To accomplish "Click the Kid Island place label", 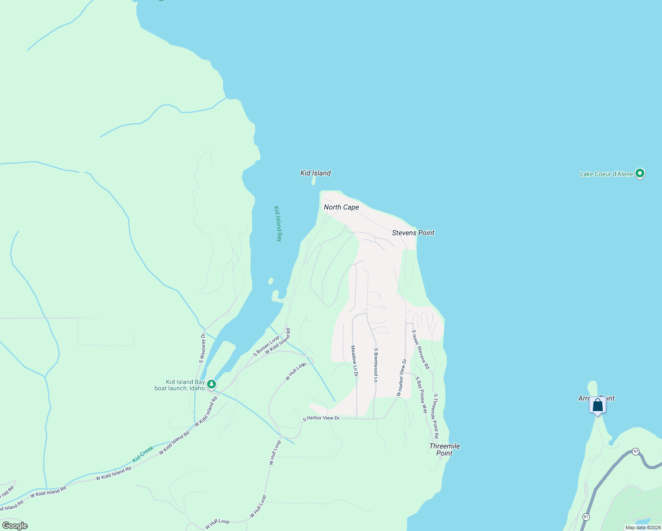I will [x=316, y=173].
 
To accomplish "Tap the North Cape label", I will [x=341, y=207].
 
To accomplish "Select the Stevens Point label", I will [x=413, y=233].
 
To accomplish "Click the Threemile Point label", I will [x=444, y=449].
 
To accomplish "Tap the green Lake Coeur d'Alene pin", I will [x=639, y=173].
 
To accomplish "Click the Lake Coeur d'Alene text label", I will [x=606, y=174].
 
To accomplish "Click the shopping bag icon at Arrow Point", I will [x=597, y=405].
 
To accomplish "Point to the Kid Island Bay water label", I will [x=278, y=223].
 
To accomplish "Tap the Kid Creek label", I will [x=143, y=454].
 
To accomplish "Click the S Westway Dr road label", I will [x=202, y=348].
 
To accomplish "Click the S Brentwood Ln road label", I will [x=376, y=365].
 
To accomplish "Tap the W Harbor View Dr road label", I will [x=401, y=377].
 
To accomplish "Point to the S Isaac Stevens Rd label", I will [x=420, y=350].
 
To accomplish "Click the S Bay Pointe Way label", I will [x=421, y=395].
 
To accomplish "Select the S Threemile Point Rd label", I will [x=436, y=413].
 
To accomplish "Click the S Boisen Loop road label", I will [x=266, y=346].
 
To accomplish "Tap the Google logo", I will [x=15, y=526].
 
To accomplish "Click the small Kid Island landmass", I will [x=314, y=181].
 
